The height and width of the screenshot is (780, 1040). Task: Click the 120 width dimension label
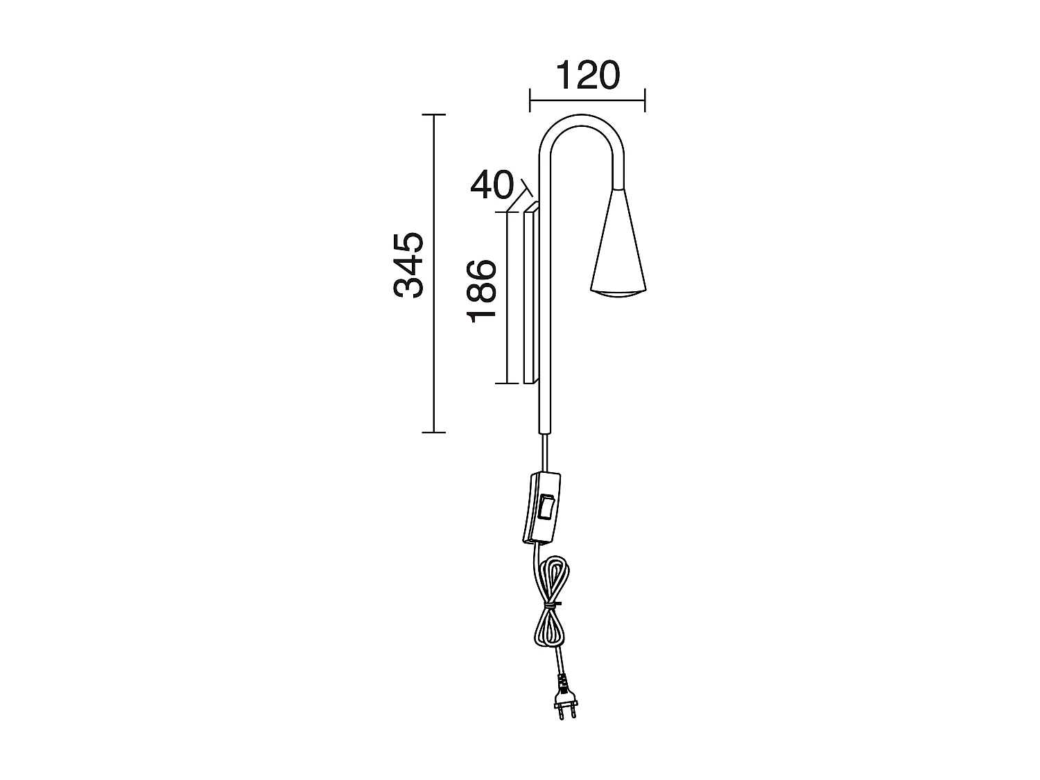tap(587, 76)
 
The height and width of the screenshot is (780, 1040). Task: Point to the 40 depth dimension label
tap(492, 185)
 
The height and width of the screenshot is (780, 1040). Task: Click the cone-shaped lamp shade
tap(618, 246)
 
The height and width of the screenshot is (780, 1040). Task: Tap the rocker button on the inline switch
tap(546, 506)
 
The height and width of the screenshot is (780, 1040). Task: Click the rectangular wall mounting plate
tap(532, 295)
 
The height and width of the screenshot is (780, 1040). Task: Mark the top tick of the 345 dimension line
tap(433, 114)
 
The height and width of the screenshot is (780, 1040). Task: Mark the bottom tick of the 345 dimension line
tap(433, 433)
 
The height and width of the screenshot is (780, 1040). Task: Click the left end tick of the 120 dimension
tap(530, 100)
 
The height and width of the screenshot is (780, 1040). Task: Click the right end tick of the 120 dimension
tap(645, 100)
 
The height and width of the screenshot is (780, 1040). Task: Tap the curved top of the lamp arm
tap(581, 122)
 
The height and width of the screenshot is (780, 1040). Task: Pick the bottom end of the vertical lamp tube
tap(546, 430)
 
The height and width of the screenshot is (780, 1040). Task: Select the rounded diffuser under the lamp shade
tap(618, 294)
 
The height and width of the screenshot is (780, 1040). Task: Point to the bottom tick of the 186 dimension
tap(508, 383)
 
